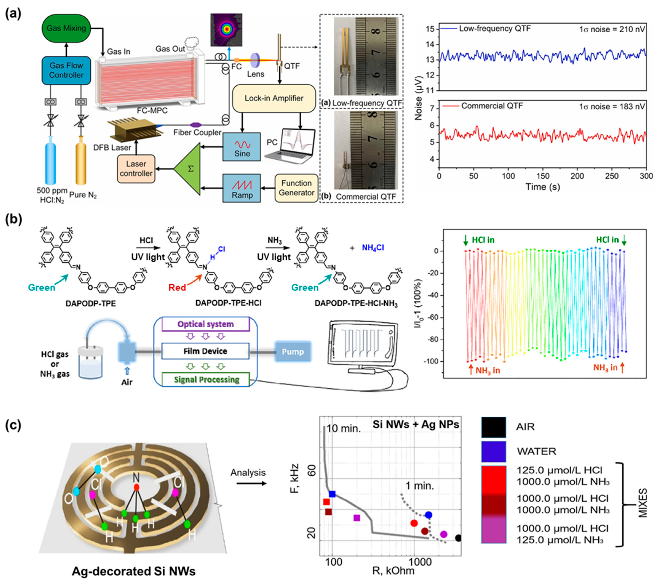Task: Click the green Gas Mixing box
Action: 66,28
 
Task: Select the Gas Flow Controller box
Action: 66,70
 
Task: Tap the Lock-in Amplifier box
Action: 274,98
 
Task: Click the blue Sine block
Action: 242,147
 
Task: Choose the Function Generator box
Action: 296,188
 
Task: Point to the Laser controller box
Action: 136,169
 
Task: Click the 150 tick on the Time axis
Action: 543,176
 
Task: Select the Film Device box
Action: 205,351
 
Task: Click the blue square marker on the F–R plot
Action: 332,494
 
